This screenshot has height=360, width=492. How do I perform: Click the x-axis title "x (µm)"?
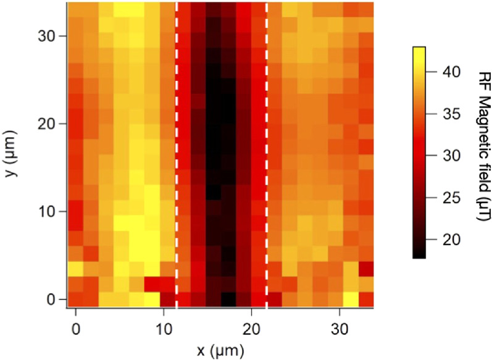220,351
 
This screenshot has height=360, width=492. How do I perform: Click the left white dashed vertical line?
177,154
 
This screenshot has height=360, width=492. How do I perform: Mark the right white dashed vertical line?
267,154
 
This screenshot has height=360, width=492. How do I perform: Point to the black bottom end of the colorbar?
419,253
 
